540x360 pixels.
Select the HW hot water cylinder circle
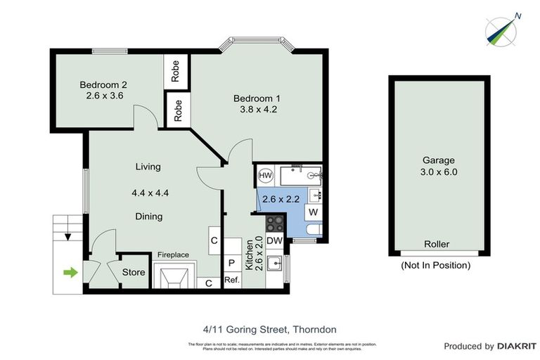tap(266, 175)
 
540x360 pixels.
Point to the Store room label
tap(134, 272)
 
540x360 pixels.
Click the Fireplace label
tap(172, 255)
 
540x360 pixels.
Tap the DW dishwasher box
tap(275, 241)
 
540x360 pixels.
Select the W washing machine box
tap(313, 212)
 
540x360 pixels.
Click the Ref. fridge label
tap(232, 280)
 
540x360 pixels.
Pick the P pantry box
tap(231, 263)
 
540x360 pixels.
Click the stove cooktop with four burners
tap(274, 224)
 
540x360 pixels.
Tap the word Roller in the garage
tap(437, 245)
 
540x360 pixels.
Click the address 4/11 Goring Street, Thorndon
tap(270, 328)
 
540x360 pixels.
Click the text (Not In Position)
tap(436, 265)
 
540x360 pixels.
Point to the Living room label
tap(148, 167)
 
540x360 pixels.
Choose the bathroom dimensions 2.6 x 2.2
tap(281, 199)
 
